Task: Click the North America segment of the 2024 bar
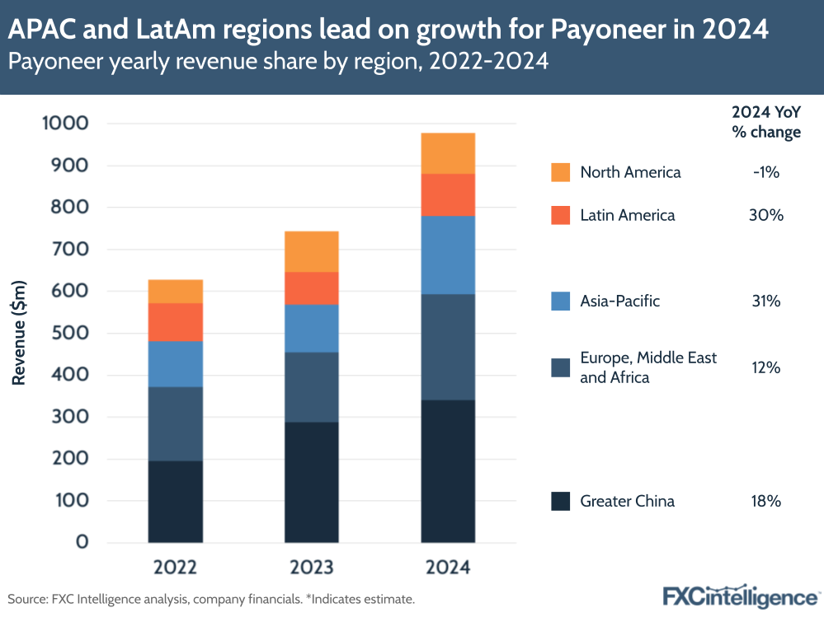point(448,153)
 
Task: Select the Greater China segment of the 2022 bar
point(176,501)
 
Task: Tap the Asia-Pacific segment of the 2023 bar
point(312,328)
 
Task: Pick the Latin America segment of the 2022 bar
point(176,322)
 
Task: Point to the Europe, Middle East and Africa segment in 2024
point(448,347)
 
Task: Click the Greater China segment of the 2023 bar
point(312,482)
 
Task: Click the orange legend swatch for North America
point(561,172)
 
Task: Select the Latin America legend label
point(627,215)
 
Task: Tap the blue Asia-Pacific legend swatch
point(561,301)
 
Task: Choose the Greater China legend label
point(627,501)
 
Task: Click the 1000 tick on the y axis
point(64,124)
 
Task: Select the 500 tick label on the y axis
point(68,334)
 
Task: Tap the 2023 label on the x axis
point(312,568)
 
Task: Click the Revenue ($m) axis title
point(19,333)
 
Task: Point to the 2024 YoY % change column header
point(766,123)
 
